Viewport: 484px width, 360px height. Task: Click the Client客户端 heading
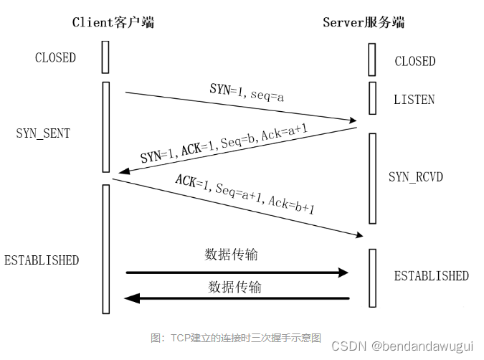click(113, 22)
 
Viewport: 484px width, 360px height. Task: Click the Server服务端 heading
click(364, 22)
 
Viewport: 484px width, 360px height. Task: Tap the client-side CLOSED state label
click(55, 58)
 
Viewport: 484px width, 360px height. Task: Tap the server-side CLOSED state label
click(415, 62)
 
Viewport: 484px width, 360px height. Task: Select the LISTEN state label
click(414, 100)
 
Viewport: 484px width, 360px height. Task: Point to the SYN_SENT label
click(43, 133)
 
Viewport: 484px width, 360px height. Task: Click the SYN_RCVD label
click(416, 176)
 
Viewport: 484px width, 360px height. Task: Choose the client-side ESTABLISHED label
click(42, 260)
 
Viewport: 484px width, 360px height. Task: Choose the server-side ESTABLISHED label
click(431, 276)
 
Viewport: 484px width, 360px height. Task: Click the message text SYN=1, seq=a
click(247, 92)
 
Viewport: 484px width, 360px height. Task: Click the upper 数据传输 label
click(232, 255)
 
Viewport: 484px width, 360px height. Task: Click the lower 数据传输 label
click(234, 287)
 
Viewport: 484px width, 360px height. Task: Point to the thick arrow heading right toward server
click(237, 273)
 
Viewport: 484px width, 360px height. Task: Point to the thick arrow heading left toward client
click(237, 298)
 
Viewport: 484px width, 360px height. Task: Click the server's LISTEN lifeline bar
click(372, 98)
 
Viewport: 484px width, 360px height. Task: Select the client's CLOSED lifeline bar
click(105, 57)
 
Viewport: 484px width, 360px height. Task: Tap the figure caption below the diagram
click(236, 338)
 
